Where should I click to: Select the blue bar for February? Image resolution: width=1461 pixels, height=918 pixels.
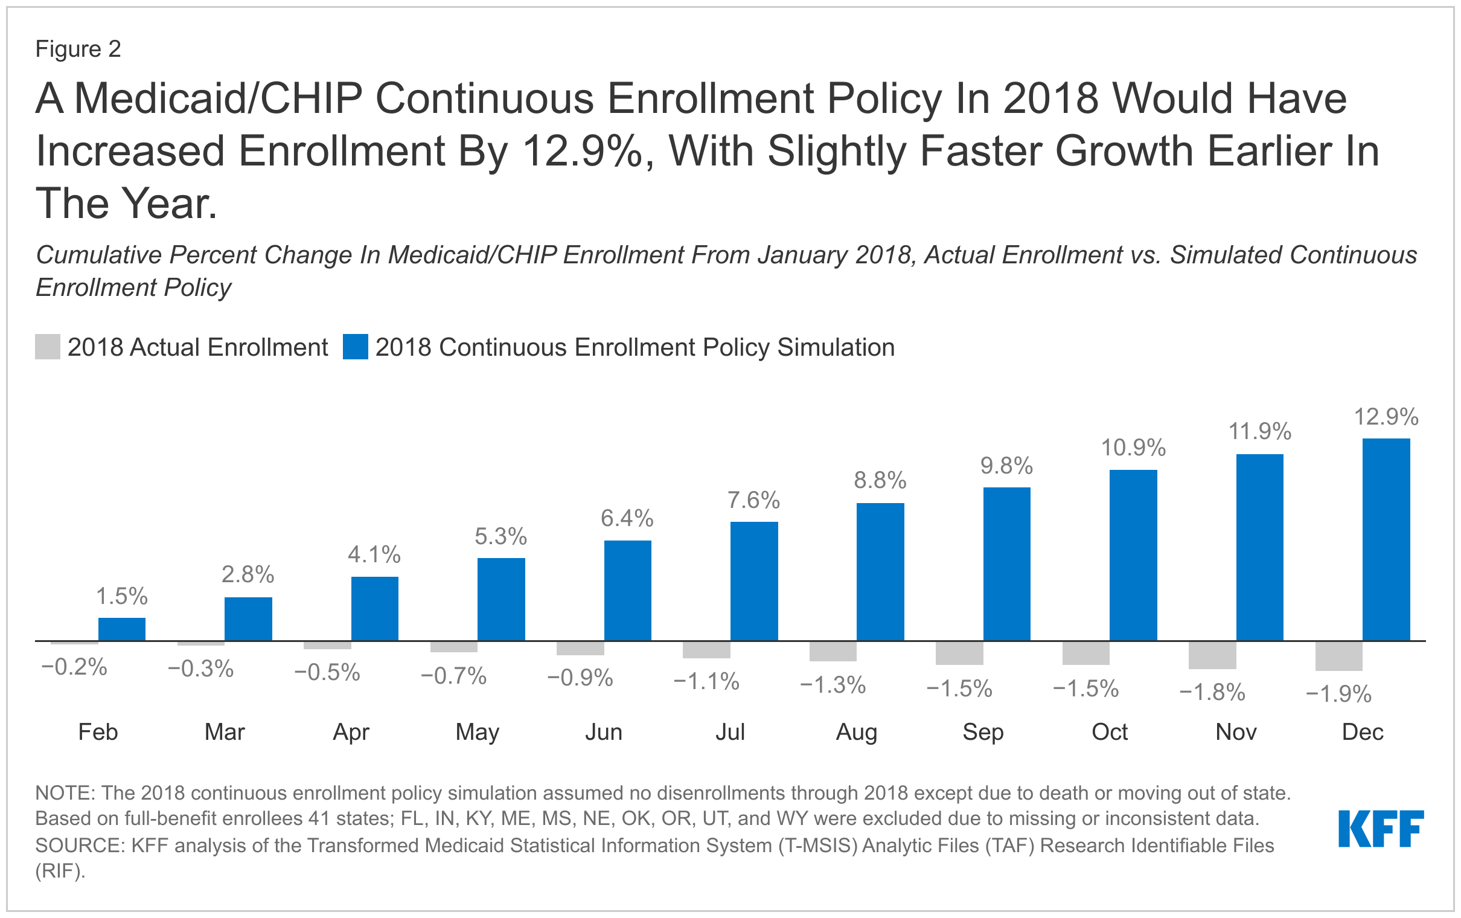pyautogui.click(x=122, y=629)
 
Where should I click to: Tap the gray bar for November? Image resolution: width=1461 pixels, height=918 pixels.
pyautogui.click(x=1212, y=655)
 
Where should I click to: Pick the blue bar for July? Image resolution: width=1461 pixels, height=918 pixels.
pyautogui.click(x=753, y=581)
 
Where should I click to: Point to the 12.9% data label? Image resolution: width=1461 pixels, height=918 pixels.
pyautogui.click(x=1386, y=417)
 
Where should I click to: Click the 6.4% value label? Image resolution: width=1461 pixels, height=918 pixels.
pyautogui.click(x=627, y=519)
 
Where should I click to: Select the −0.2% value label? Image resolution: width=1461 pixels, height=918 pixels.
pyautogui.click(x=74, y=667)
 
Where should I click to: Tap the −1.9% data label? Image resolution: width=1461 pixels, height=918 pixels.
pyautogui.click(x=1338, y=694)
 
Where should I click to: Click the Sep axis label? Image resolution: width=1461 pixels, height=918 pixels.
pyautogui.click(x=983, y=732)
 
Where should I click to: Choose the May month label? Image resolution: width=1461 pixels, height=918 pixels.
pyautogui.click(x=477, y=732)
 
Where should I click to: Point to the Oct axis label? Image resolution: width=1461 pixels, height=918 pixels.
pyautogui.click(x=1109, y=732)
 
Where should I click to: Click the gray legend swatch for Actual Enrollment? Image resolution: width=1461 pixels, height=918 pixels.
pyautogui.click(x=47, y=347)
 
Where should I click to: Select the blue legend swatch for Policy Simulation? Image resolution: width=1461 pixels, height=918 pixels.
pyautogui.click(x=355, y=347)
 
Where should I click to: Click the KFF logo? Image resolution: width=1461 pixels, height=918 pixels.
pyautogui.click(x=1380, y=828)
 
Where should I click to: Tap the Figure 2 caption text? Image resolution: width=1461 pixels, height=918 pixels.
pyautogui.click(x=78, y=49)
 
